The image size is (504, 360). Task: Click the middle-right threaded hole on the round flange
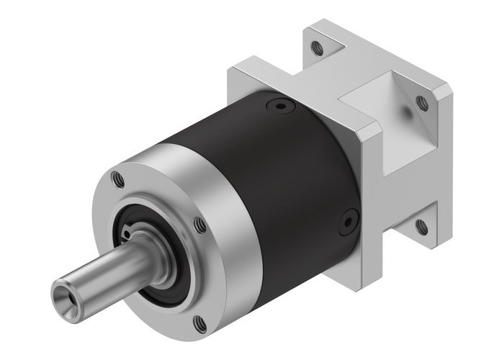pos(202,225)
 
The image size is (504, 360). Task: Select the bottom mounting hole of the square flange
pos(422,228)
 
